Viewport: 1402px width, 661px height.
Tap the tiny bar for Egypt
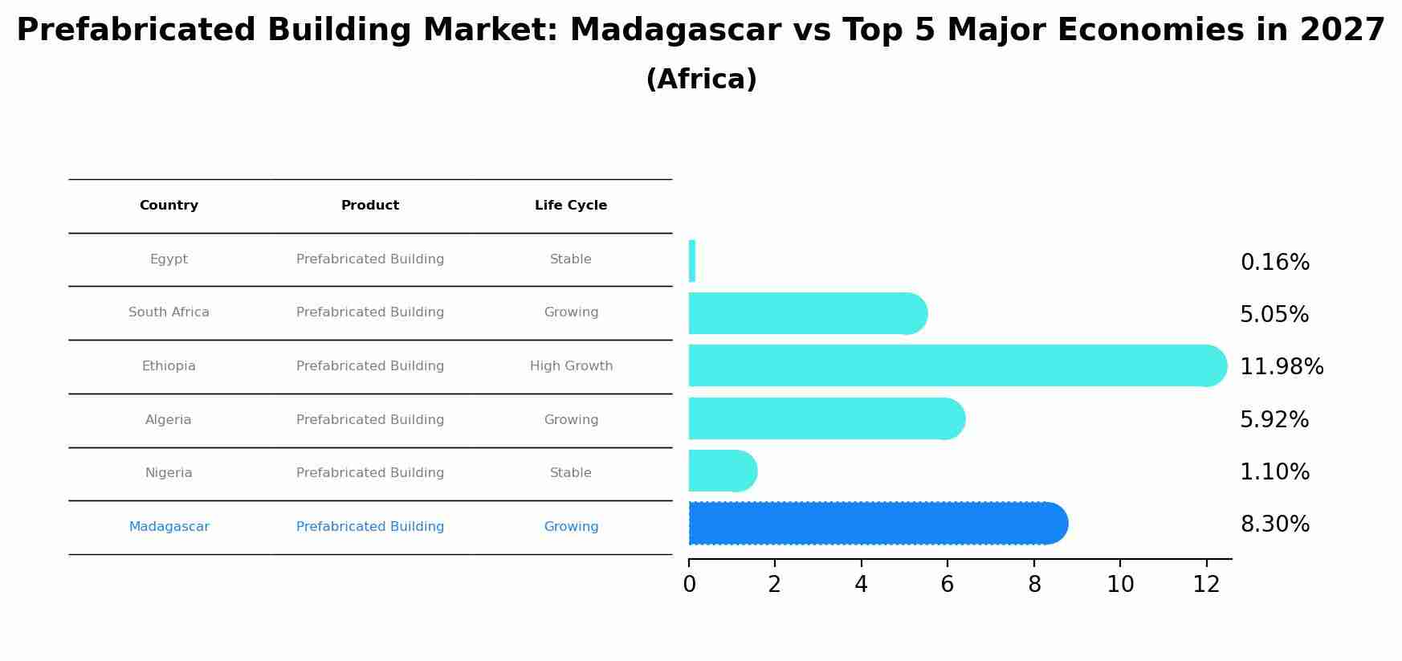[x=691, y=261]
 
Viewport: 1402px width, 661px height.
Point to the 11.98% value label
[x=1281, y=367]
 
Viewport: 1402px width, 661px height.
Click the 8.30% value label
[x=1274, y=524]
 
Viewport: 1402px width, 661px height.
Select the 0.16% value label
[x=1274, y=263]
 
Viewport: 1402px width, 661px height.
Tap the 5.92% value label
[x=1274, y=420]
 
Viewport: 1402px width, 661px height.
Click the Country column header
[x=169, y=206]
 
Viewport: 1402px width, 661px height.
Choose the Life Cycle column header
[x=570, y=206]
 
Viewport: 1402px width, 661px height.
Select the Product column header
[x=369, y=206]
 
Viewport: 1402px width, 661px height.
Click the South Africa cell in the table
[x=169, y=312]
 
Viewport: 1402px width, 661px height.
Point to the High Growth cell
[x=571, y=366]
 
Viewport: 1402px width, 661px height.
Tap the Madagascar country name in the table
[x=169, y=527]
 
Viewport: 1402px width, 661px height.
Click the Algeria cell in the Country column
[x=168, y=420]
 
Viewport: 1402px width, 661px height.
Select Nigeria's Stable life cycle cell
[x=570, y=473]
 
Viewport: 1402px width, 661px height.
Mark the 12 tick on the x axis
[x=1206, y=585]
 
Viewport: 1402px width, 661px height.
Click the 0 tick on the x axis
[x=689, y=585]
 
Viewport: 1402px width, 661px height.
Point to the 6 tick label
[x=948, y=585]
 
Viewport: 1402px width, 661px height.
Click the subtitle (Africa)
[x=701, y=80]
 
